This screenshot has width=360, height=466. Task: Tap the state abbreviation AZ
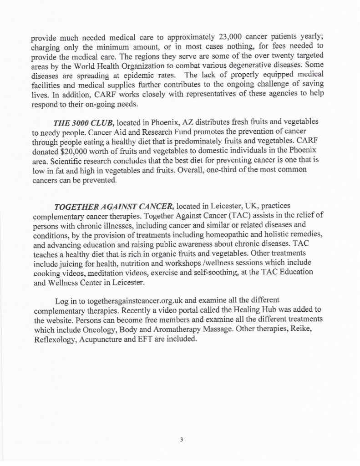click(x=179, y=122)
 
